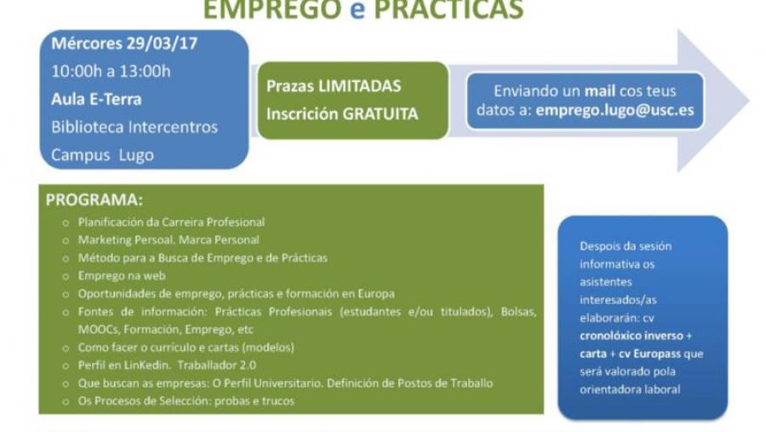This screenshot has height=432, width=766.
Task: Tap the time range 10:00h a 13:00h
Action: [111, 71]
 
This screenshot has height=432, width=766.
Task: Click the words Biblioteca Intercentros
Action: [134, 127]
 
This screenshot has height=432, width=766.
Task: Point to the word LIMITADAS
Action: [360, 86]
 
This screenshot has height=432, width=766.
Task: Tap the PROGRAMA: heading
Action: [94, 201]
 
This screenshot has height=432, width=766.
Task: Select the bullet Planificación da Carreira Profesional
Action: [171, 222]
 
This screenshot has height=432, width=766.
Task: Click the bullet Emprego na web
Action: [122, 275]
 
